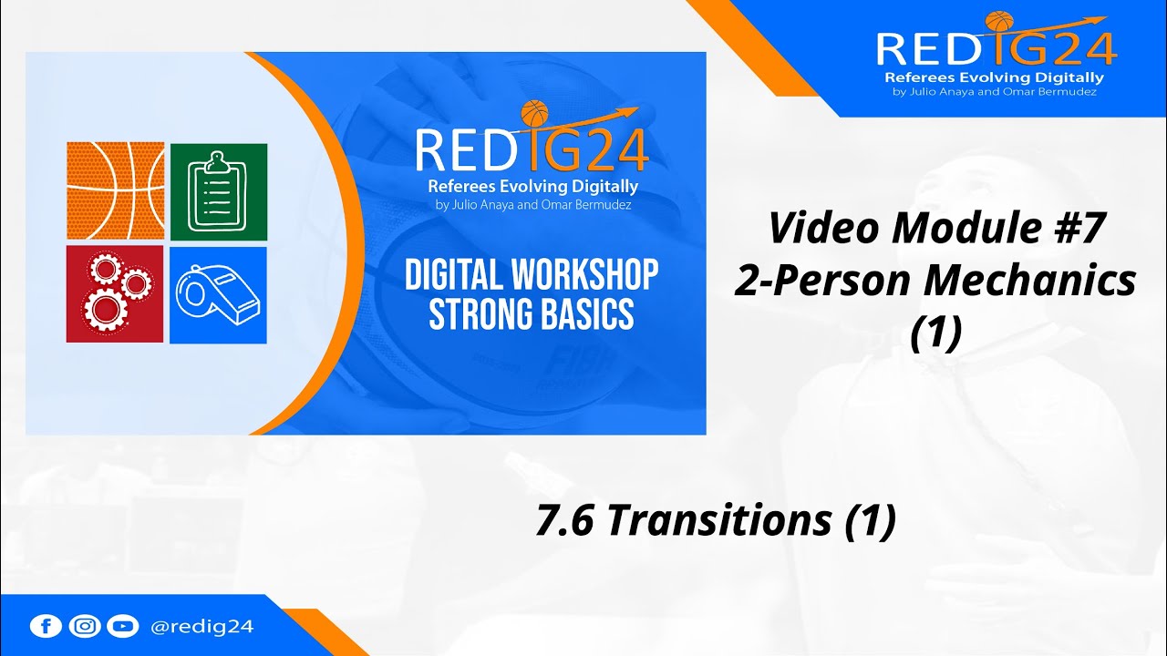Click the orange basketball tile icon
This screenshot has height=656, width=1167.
pyautogui.click(x=116, y=190)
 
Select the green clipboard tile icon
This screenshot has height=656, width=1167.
pyautogui.click(x=219, y=190)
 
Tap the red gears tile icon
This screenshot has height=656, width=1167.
pyautogui.click(x=116, y=294)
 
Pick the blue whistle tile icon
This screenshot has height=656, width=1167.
pyautogui.click(x=219, y=294)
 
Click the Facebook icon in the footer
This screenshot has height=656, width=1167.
pyautogui.click(x=46, y=626)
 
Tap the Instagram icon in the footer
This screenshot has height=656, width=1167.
pyautogui.click(x=84, y=626)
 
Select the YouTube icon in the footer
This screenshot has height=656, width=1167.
pyautogui.click(x=122, y=626)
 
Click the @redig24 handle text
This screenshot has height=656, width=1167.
pyautogui.click(x=202, y=627)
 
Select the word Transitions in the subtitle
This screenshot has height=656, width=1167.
pyautogui.click(x=718, y=520)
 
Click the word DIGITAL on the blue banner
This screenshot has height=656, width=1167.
pyautogui.click(x=446, y=275)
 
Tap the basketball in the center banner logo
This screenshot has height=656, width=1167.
pyautogui.click(x=534, y=113)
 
